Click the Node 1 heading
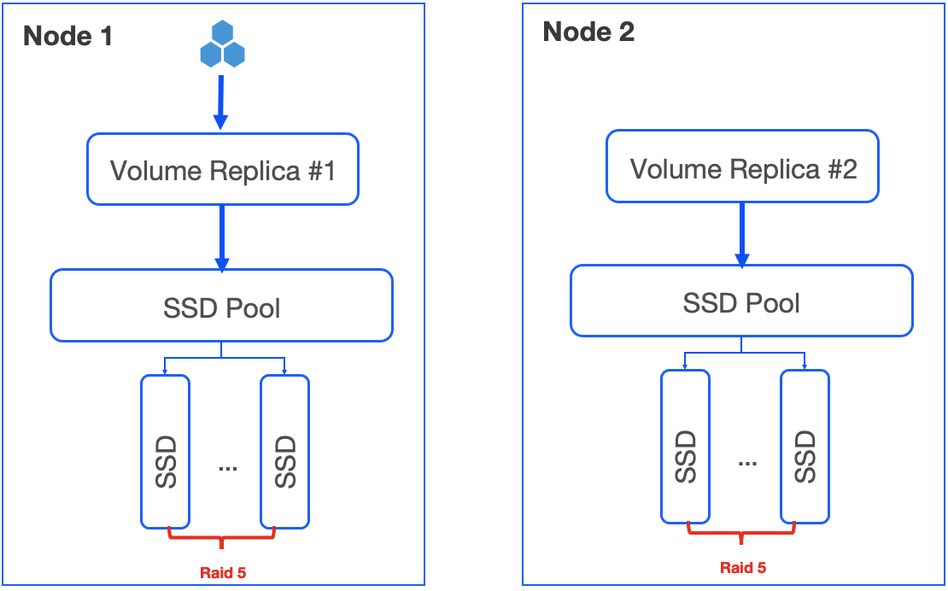(67, 37)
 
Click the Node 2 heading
(588, 32)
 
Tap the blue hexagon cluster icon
(222, 45)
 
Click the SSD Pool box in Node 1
(221, 306)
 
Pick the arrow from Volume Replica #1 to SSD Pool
(222, 237)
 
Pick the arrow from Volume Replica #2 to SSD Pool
(742, 234)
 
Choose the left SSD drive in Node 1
(165, 451)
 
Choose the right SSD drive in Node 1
(284, 451)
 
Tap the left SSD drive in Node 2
(685, 446)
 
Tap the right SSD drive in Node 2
(805, 446)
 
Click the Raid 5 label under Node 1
(223, 572)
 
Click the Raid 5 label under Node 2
(743, 567)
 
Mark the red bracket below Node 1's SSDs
(222, 539)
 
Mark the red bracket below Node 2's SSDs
(742, 534)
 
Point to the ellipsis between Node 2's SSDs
(747, 463)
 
